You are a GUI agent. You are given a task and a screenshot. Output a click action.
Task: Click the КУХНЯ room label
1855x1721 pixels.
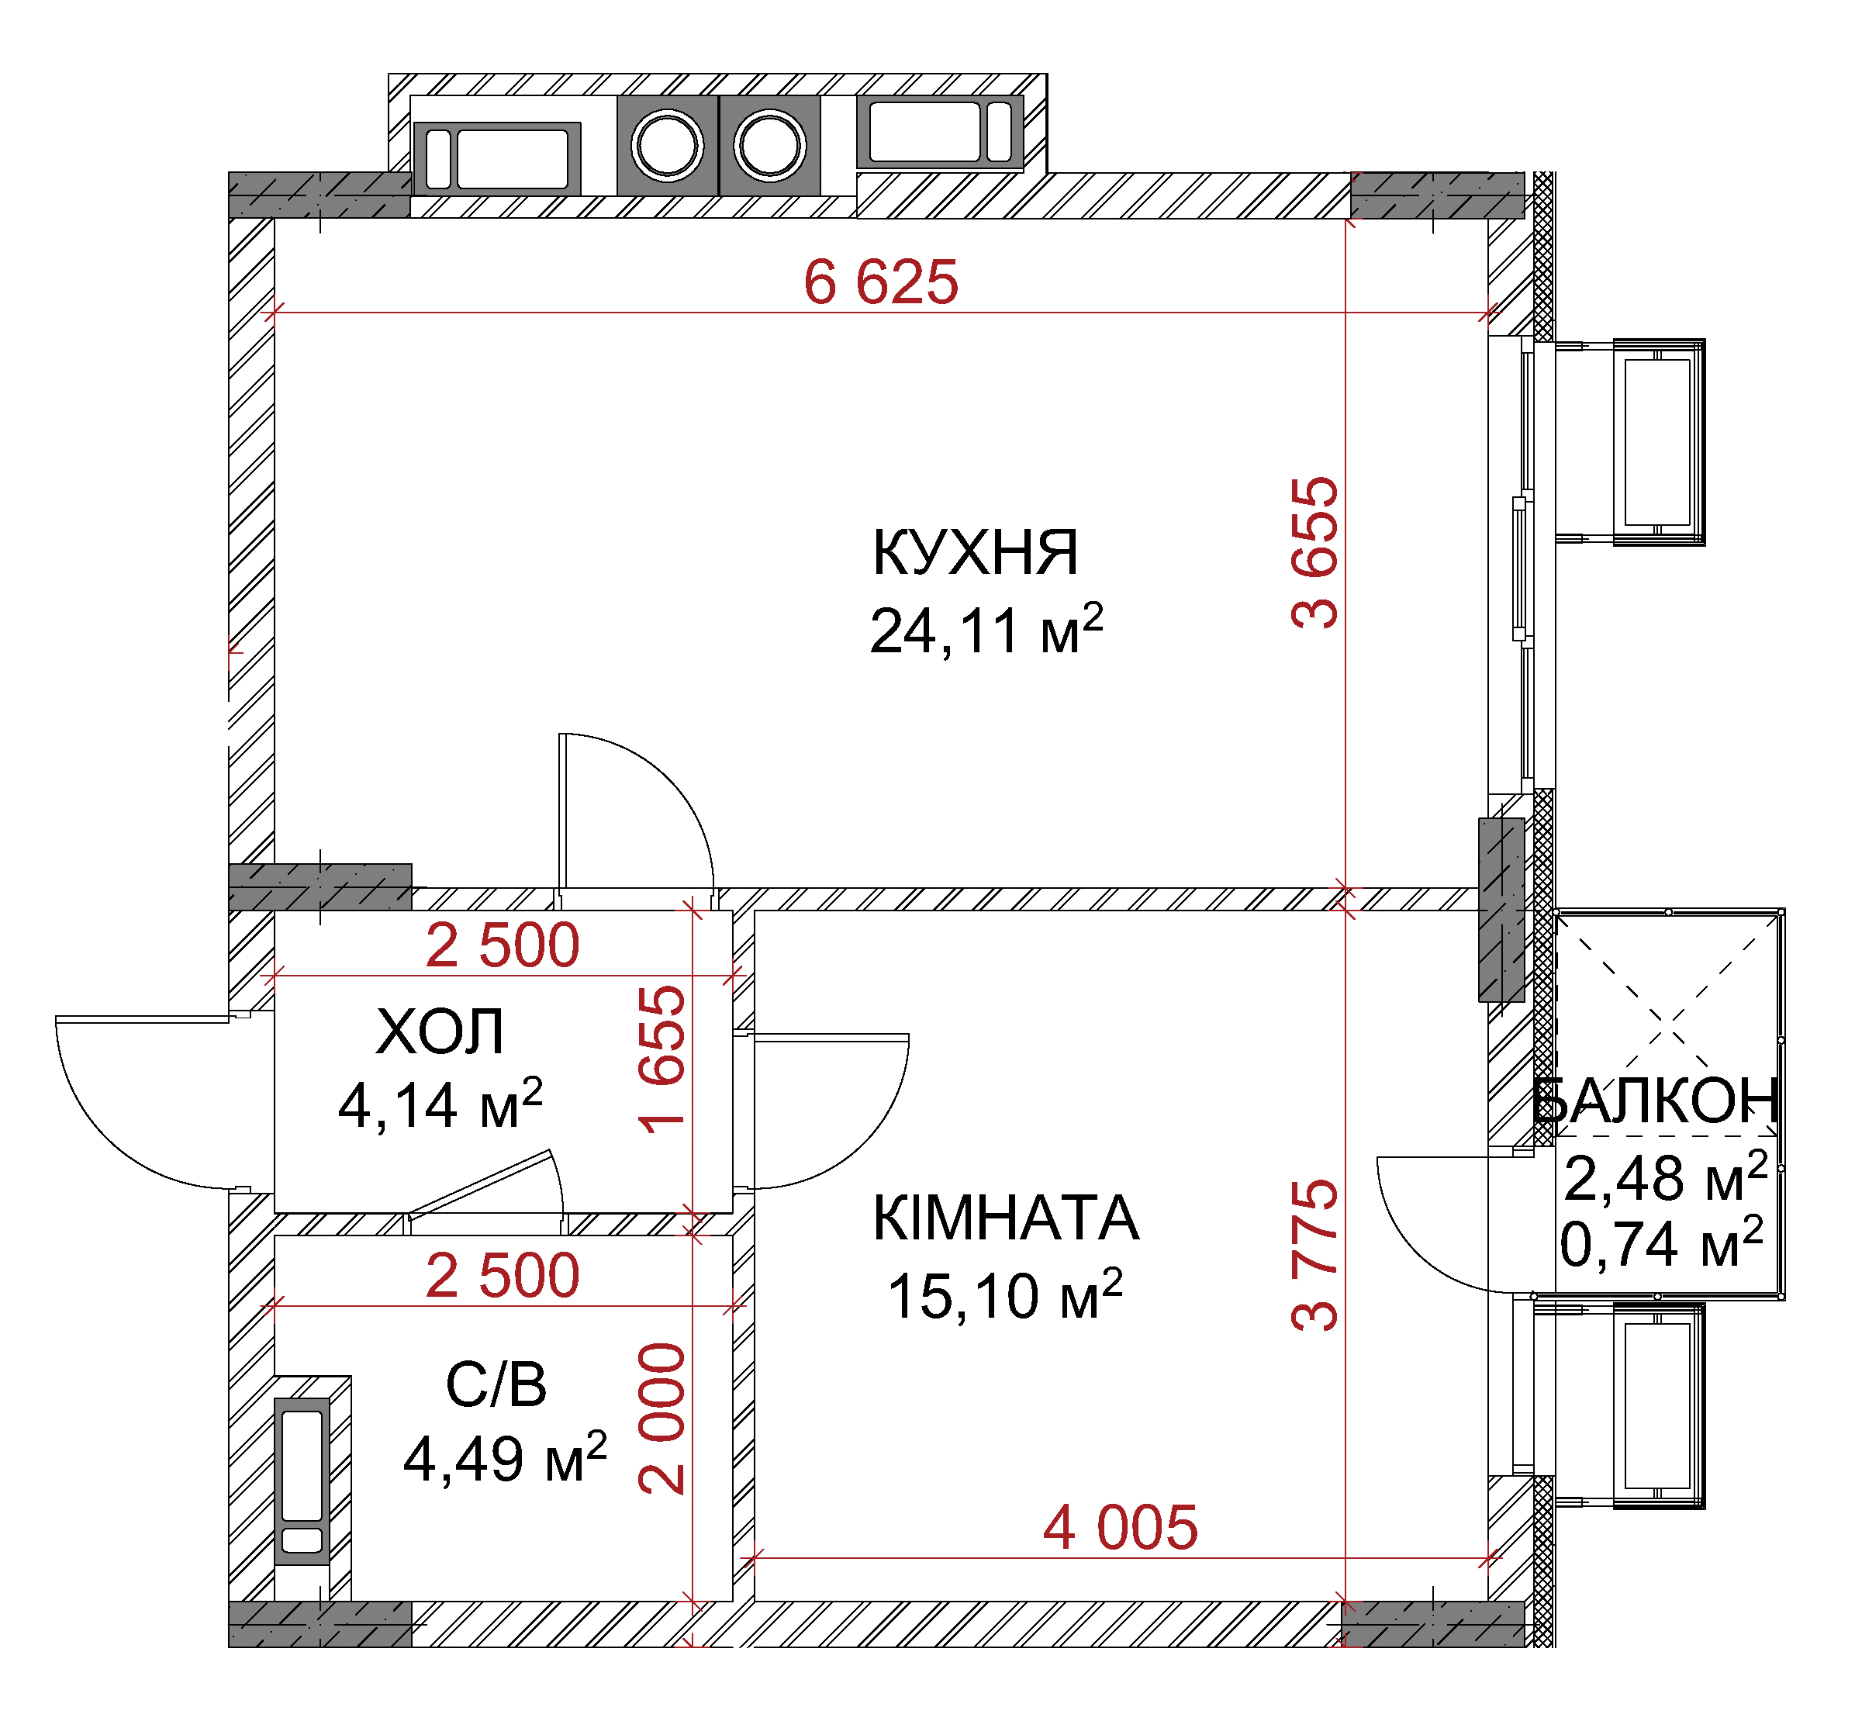click(x=975, y=552)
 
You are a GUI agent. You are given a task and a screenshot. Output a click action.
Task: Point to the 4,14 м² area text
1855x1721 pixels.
click(x=440, y=1104)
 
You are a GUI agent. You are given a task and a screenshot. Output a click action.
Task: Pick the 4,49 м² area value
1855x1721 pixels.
click(x=505, y=1457)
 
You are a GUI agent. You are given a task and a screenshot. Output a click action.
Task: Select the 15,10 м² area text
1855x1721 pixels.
click(x=1005, y=1294)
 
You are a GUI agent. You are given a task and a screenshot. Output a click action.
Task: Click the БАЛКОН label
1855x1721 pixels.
click(x=1655, y=1100)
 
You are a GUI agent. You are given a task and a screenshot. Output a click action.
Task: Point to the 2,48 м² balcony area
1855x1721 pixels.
click(x=1665, y=1177)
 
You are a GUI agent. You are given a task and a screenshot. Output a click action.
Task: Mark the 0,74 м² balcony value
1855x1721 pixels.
click(x=1661, y=1243)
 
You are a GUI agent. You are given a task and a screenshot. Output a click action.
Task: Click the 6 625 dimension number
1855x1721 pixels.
click(x=881, y=282)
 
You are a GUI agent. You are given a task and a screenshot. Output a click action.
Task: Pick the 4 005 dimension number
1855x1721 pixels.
click(x=1121, y=1527)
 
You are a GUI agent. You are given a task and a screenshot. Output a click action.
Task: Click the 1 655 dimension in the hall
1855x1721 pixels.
click(x=662, y=1059)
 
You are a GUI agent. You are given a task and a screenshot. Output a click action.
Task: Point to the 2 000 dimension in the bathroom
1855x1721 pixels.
click(x=662, y=1419)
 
